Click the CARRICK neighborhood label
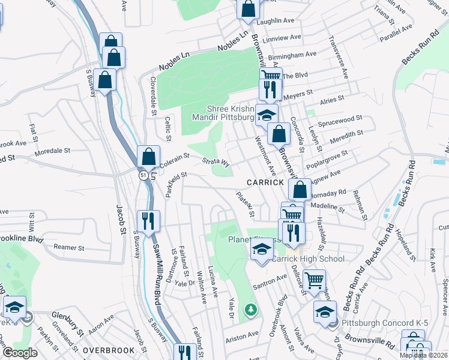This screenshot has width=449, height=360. (264, 182)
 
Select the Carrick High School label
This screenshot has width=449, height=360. (309, 259)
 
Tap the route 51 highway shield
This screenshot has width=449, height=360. (142, 175)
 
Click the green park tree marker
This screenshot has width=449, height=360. (250, 310)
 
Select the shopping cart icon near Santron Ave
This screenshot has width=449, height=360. (314, 279)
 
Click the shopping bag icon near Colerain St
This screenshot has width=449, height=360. (148, 157)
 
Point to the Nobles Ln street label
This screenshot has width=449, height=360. (233, 41)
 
